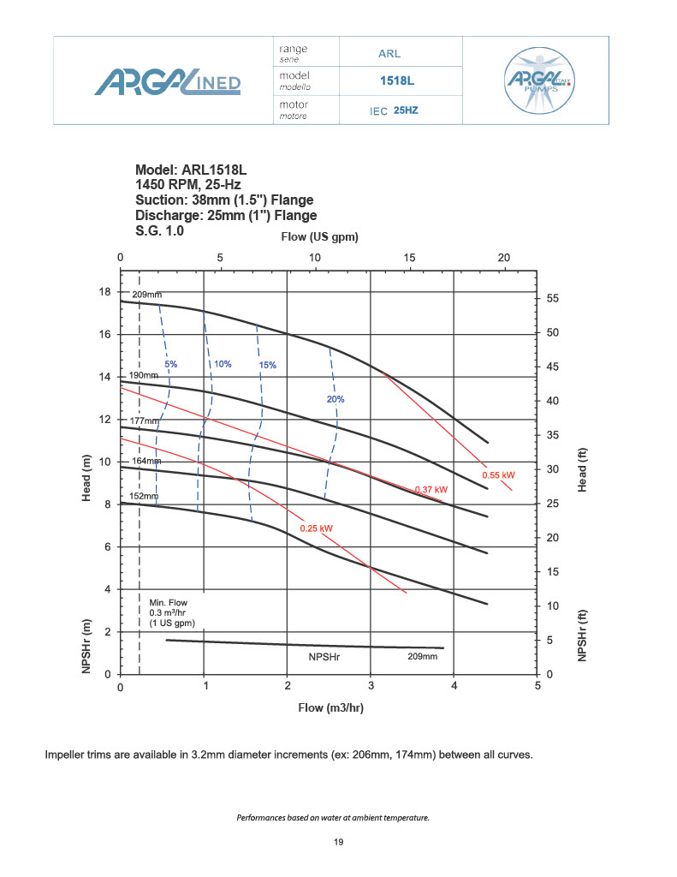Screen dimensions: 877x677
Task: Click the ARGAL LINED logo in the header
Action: [x=168, y=82]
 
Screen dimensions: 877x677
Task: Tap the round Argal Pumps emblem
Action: [x=540, y=81]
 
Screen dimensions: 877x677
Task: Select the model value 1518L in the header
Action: [x=396, y=81]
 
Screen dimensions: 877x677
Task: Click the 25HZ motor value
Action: [x=406, y=110]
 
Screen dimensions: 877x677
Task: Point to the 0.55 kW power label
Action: [x=498, y=474]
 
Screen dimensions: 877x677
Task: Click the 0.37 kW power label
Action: [x=431, y=490]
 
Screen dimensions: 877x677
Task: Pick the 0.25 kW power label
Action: [x=316, y=528]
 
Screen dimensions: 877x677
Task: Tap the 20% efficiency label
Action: [x=336, y=399]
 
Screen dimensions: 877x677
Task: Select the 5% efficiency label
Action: [x=171, y=364]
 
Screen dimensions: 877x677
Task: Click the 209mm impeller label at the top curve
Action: [x=148, y=294]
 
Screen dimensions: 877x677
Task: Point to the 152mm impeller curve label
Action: [x=144, y=496]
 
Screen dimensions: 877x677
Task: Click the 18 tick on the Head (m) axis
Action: [x=106, y=292]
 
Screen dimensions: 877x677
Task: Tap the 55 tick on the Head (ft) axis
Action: [x=553, y=298]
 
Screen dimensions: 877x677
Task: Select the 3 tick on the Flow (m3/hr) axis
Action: [x=371, y=687]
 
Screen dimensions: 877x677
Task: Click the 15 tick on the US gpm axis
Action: [x=410, y=258]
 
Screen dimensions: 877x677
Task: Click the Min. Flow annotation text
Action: [x=169, y=613]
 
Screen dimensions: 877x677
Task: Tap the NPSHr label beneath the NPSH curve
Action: [x=325, y=657]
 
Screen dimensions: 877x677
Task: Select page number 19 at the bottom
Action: [x=338, y=843]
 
